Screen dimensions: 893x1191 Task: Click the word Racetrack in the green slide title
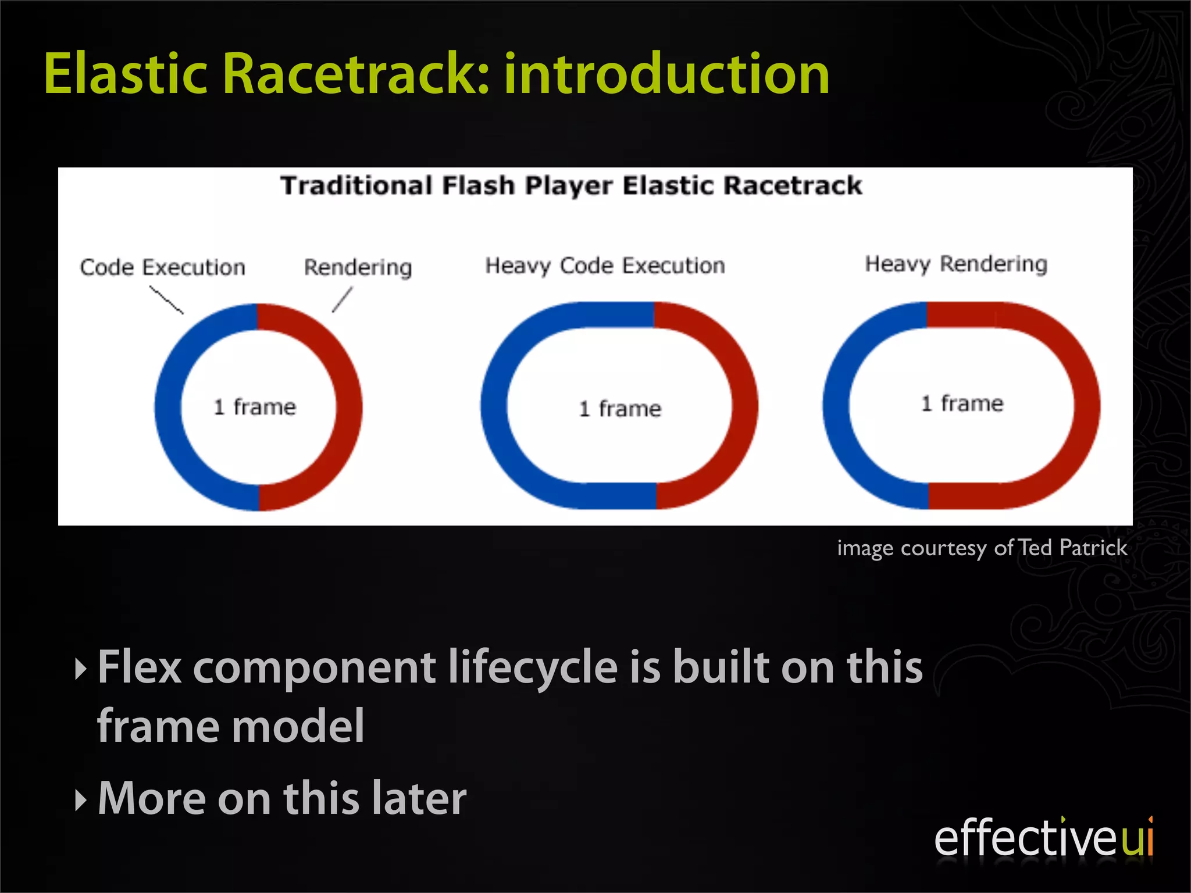355,74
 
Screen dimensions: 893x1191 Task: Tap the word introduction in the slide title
666,74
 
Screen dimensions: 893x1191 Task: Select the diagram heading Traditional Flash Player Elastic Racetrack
570,186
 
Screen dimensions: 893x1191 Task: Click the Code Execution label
163,267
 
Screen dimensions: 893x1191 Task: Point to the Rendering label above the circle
358,267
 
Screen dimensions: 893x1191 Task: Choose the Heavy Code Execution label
605,266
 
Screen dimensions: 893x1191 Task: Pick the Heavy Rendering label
956,264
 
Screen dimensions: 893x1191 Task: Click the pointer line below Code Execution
166,300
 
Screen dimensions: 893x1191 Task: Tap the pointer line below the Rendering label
342,299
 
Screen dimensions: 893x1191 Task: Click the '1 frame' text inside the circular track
255,407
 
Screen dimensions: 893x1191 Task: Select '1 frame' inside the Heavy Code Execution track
620,409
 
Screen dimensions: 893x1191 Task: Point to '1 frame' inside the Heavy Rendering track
962,403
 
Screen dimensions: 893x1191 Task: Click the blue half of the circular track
169,407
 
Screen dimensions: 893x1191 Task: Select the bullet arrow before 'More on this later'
81,801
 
